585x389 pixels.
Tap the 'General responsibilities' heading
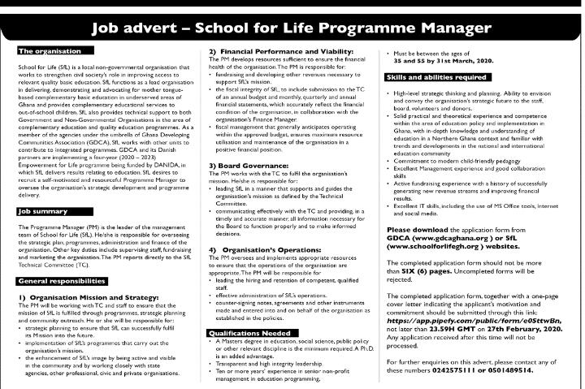[63, 280]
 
